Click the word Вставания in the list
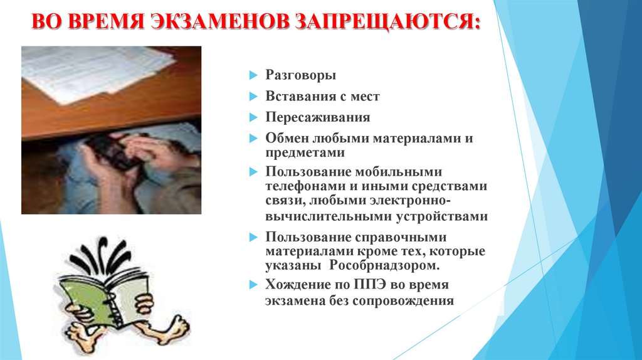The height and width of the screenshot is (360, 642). pos(295,97)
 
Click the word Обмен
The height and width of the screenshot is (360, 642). pos(284,138)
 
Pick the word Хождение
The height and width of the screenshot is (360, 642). pos(295,284)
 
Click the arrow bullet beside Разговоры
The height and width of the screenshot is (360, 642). pos(253,76)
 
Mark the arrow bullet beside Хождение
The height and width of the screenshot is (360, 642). pos(253,284)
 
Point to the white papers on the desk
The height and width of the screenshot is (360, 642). pos(94,72)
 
